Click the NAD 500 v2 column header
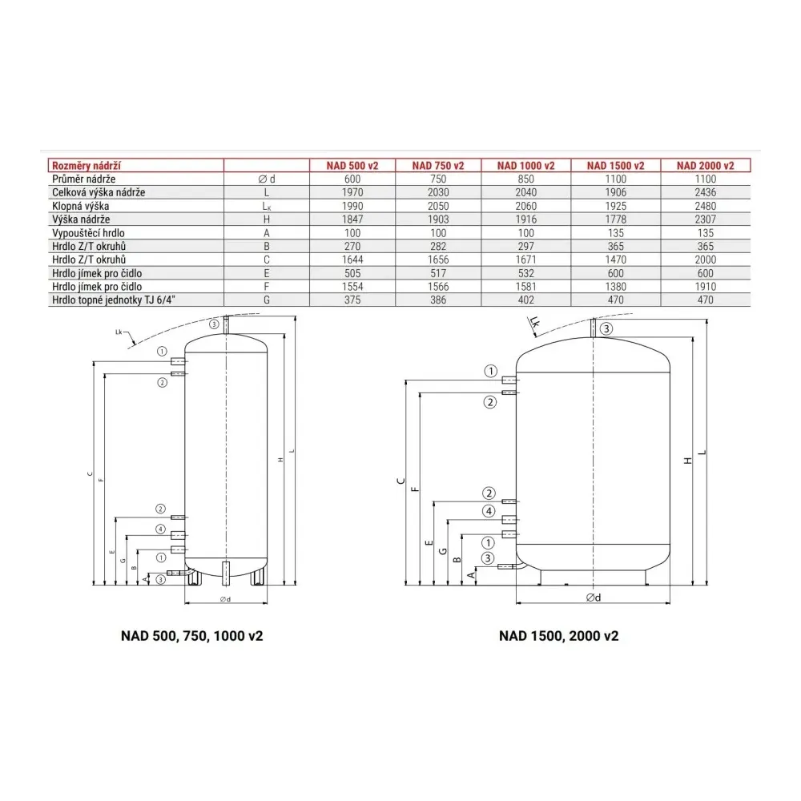coord(352,166)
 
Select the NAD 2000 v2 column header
coord(706,166)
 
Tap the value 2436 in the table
coord(706,192)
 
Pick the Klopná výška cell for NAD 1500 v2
coord(615,206)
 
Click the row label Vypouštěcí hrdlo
coord(88,233)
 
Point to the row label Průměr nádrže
coord(84,179)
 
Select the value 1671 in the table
coord(525,260)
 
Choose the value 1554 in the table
coord(352,287)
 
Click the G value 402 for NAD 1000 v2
coord(525,300)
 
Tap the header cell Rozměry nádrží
coord(87,166)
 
